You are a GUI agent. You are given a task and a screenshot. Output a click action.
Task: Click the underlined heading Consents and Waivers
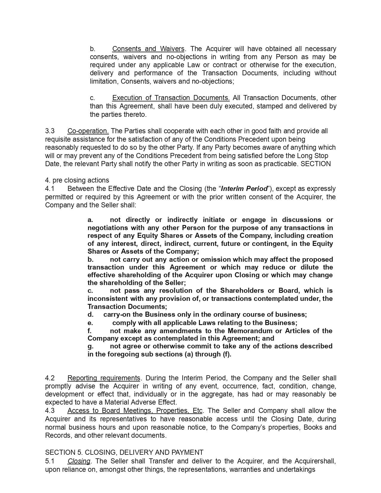click(x=148, y=49)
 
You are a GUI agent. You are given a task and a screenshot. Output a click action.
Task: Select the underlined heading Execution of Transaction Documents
click(x=171, y=98)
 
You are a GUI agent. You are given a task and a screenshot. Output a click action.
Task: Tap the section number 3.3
click(x=50, y=131)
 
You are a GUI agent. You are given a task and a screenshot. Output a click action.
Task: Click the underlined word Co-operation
click(x=88, y=131)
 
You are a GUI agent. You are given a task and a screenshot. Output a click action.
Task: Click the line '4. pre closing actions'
click(x=77, y=180)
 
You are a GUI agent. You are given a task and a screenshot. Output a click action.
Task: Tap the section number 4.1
click(x=50, y=189)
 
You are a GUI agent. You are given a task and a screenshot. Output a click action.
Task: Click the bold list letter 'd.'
click(x=91, y=314)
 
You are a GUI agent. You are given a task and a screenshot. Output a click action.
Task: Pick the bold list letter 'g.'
click(x=91, y=346)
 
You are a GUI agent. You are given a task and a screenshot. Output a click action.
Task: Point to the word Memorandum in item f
click(x=250, y=331)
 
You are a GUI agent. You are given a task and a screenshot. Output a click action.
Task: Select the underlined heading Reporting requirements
click(x=104, y=378)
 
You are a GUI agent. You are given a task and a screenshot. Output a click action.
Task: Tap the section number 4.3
click(x=50, y=411)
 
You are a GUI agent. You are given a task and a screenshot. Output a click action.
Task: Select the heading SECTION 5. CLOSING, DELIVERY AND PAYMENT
click(x=124, y=452)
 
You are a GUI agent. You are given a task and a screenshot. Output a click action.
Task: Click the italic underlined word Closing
click(x=79, y=461)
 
